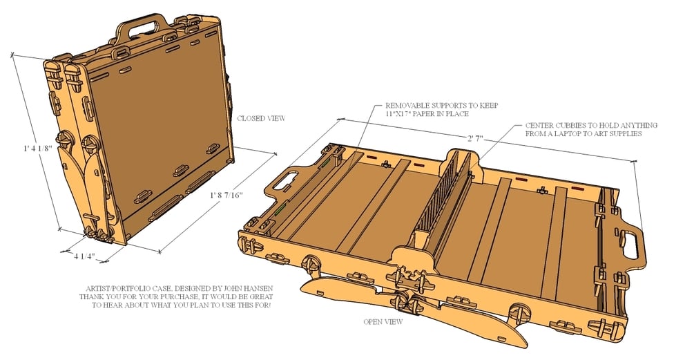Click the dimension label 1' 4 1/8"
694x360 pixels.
[x=38, y=149]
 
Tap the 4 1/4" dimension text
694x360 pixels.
[x=84, y=256]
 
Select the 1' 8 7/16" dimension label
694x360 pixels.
[x=226, y=195]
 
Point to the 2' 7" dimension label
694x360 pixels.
[x=475, y=139]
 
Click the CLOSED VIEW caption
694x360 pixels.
[x=261, y=118]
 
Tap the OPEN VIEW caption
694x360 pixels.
[x=383, y=321]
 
